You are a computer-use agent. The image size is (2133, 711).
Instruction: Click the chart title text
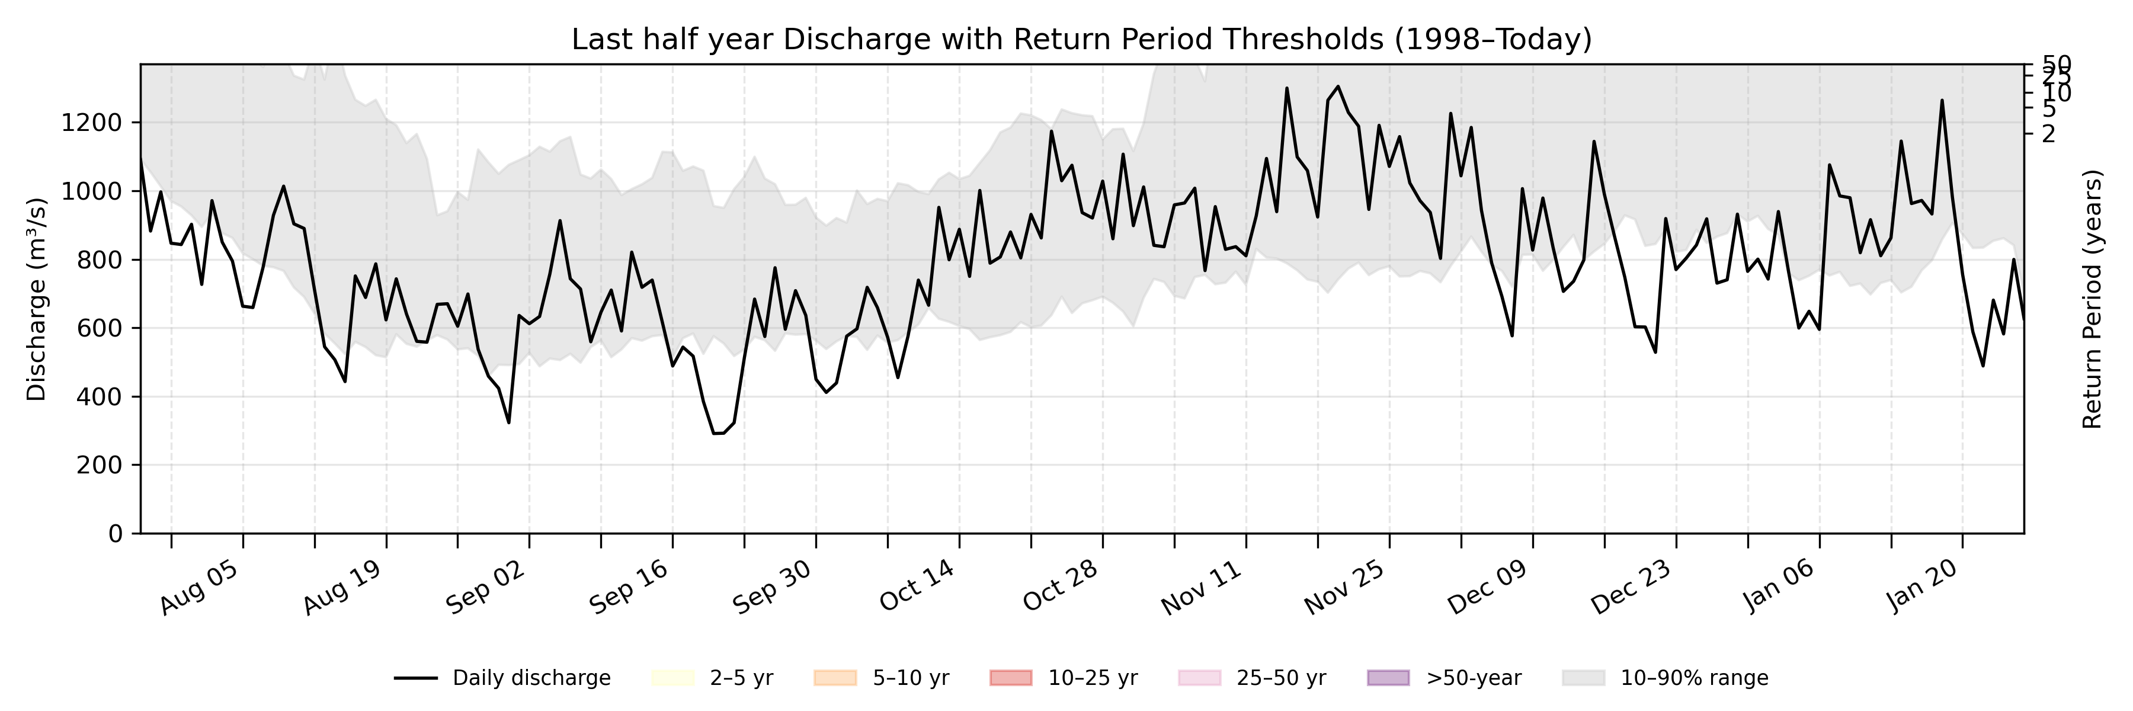tap(1081, 40)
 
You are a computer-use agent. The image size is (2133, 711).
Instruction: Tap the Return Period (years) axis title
tap(2093, 299)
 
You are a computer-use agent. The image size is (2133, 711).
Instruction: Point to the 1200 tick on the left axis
tap(91, 123)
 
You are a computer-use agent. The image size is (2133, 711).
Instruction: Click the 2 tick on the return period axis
tap(2048, 134)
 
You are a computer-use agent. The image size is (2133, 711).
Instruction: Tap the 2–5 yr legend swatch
tap(672, 678)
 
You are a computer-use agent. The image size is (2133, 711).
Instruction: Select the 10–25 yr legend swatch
tap(1011, 678)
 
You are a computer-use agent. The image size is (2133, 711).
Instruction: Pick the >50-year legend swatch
tap(1388, 678)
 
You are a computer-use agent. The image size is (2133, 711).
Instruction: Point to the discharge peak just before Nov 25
tap(1338, 86)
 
